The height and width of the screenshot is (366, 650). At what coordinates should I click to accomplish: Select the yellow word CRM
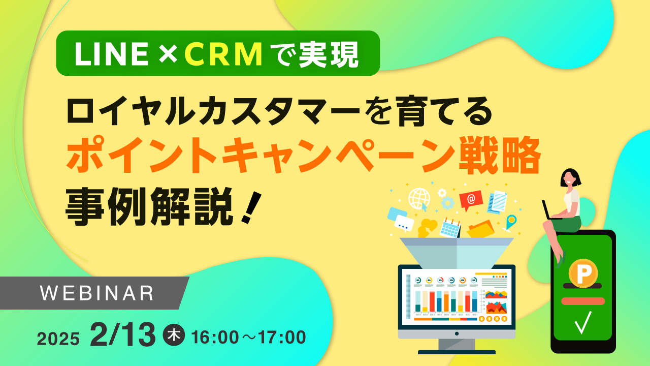tap(223, 53)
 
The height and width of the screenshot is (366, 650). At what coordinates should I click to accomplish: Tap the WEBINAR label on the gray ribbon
tap(97, 292)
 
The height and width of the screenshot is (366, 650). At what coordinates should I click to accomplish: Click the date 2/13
tap(122, 335)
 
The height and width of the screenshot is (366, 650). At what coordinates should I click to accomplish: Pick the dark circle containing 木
tap(174, 336)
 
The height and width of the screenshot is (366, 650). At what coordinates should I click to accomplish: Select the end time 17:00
tap(281, 337)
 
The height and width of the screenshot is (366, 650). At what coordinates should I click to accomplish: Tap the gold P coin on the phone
tap(583, 273)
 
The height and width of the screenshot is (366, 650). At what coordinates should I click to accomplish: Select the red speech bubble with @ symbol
tap(471, 200)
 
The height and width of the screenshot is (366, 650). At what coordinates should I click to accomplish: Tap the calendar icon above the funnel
tap(450, 228)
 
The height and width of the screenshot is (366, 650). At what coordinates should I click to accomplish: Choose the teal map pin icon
tap(511, 222)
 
